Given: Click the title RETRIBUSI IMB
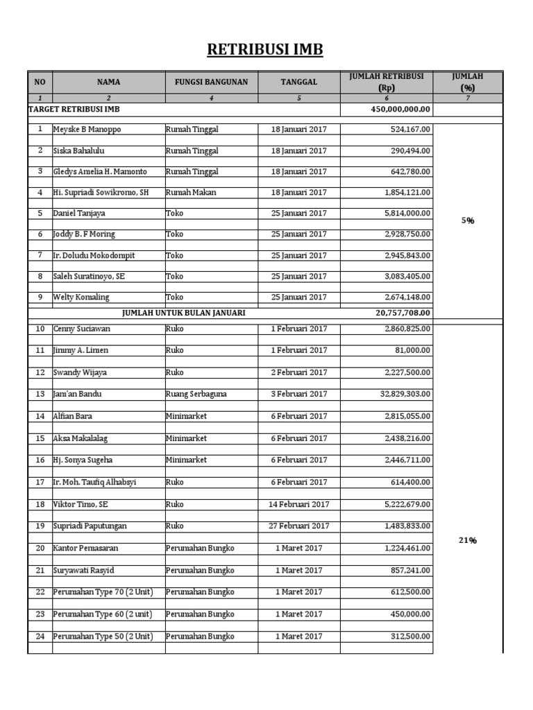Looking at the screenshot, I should point(266,50).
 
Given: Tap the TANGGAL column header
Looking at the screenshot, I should point(299,82).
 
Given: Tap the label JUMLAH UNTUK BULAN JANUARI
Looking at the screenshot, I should point(183,313).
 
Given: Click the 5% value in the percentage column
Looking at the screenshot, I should point(468,220).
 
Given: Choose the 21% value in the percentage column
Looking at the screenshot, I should point(468,541).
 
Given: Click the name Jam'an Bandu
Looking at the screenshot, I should point(76,394).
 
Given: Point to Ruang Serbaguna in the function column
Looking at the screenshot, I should point(196,394).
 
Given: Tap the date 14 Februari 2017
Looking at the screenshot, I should point(299,504).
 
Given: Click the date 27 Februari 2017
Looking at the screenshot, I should point(299,526).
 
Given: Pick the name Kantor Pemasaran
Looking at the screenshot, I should point(85,548).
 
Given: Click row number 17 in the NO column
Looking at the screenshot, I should point(40,482).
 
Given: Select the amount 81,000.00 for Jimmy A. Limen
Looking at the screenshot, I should point(412,350).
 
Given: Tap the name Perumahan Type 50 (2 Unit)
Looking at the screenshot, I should point(103,637).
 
